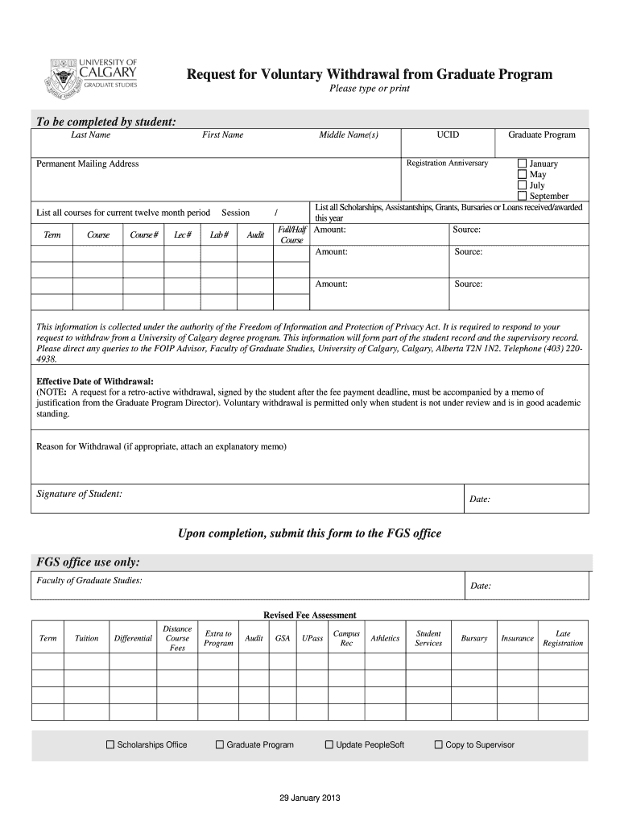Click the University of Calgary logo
(94, 77)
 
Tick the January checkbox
(522, 164)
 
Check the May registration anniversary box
(522, 174)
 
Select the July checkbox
(522, 185)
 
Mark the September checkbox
(522, 196)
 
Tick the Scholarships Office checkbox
(110, 744)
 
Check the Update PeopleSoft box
(329, 744)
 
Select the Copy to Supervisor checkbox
(439, 744)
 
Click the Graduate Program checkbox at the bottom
(219, 744)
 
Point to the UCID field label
(448, 135)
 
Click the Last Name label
(90, 135)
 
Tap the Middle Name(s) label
(348, 135)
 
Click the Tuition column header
(86, 638)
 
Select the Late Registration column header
(563, 638)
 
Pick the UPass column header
(312, 638)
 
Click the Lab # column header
(219, 234)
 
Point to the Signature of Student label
(80, 493)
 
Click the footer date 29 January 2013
(310, 798)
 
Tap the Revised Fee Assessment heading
(310, 615)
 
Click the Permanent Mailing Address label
(88, 164)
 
